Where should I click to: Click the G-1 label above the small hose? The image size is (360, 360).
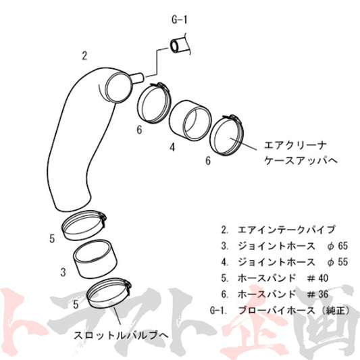coord(179,20)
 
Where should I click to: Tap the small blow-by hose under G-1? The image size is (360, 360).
coord(178,46)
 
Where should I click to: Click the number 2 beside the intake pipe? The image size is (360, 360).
coord(84,56)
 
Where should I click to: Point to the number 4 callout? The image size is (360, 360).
coord(172,147)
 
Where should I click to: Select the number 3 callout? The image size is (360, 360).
coord(63,272)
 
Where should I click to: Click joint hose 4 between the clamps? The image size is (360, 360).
coord(190,120)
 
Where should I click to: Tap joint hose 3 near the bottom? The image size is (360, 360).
coord(95,259)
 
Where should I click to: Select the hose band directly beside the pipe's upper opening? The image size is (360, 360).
coord(154,103)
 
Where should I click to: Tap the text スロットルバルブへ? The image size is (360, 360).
coord(121,336)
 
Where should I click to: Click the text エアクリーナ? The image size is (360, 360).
coord(295,145)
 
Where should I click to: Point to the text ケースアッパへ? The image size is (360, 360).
coord(301,161)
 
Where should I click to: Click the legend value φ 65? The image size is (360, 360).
coord(337,246)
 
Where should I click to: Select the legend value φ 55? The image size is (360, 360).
coord(337,262)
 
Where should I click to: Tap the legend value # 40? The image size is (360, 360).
coord(317,278)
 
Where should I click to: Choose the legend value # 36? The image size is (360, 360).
coord(317,294)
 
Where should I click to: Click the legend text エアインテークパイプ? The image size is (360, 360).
coord(286,230)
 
